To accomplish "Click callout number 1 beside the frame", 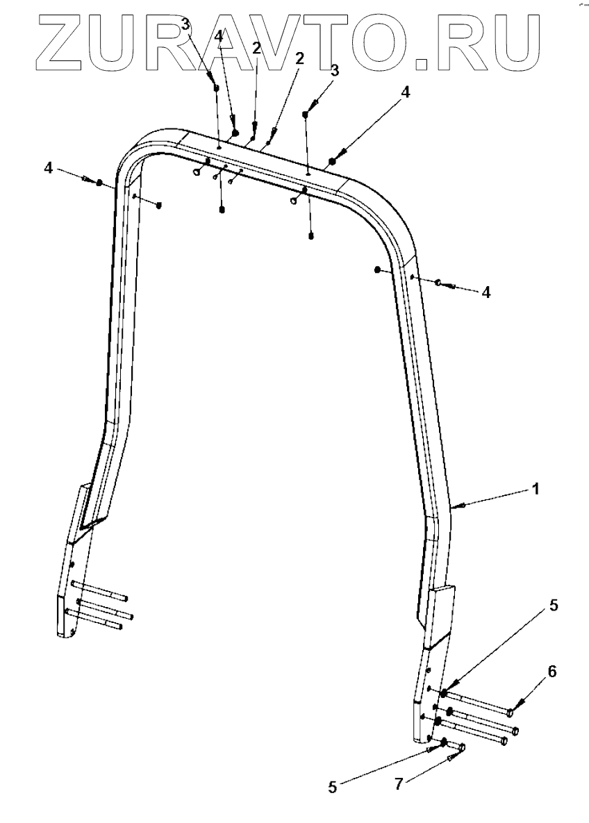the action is [535, 488].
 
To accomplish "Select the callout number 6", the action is [552, 672].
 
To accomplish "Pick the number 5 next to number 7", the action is [332, 787].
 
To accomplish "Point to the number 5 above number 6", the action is [553, 606].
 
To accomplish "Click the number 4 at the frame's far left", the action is [49, 168].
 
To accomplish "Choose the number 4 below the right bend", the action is [486, 292].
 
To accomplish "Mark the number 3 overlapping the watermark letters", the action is [185, 25].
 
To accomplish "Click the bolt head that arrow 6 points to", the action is [511, 712].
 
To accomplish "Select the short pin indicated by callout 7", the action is [459, 748].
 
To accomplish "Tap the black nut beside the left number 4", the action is [99, 183].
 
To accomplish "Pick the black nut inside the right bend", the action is [377, 269].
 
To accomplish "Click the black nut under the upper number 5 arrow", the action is [443, 693].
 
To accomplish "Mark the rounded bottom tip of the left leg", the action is [67, 633].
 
